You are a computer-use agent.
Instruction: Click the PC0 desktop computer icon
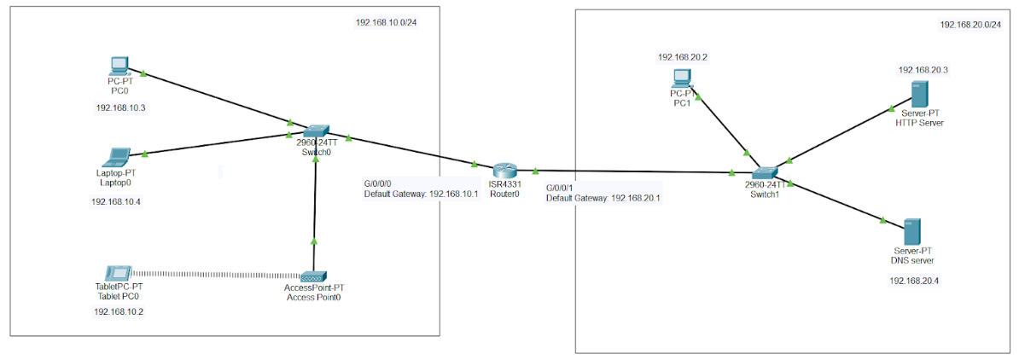tap(119, 66)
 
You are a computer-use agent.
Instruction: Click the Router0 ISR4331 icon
tap(504, 169)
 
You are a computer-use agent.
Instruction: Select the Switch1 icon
tap(764, 173)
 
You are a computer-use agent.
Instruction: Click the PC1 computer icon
tap(681, 78)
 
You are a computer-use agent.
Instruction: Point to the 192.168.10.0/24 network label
tap(386, 22)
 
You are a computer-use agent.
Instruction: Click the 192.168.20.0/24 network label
tap(970, 26)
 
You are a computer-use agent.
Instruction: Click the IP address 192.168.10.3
tap(121, 108)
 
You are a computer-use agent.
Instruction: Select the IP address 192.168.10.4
tap(116, 202)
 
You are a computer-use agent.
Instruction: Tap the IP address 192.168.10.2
tap(119, 312)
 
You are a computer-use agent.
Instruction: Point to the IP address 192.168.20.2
tap(683, 57)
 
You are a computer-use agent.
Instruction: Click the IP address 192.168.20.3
tap(923, 70)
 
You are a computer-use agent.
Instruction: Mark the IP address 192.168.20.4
tap(914, 281)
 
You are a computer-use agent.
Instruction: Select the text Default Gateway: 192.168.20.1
tap(603, 198)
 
